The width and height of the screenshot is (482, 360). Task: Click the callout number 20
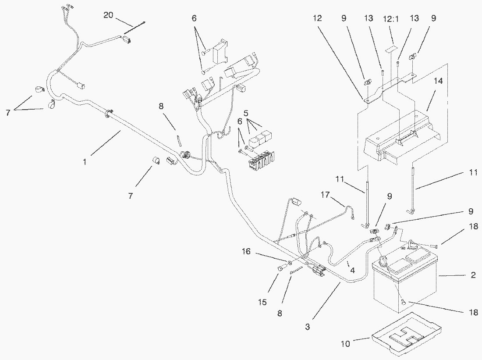[x=108, y=15]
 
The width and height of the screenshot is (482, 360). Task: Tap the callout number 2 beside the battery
[x=473, y=275]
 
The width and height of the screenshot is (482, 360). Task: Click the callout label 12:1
[x=391, y=19]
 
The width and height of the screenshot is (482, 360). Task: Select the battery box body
[x=405, y=285]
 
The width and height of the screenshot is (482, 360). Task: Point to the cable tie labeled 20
[x=134, y=29]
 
